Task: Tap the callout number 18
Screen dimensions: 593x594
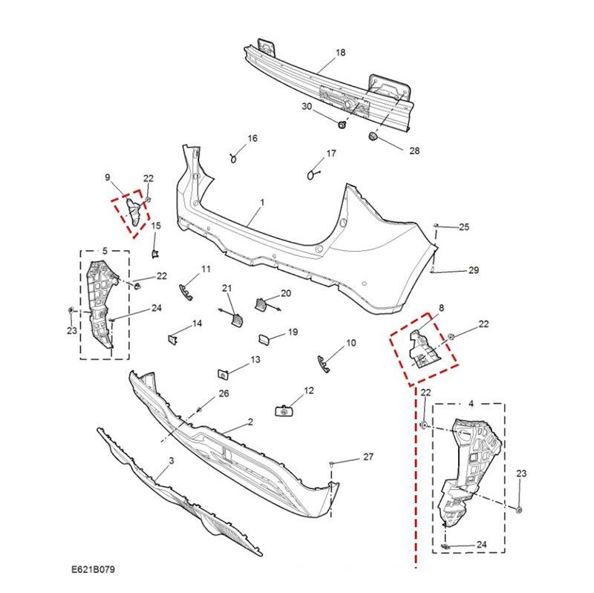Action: (341, 53)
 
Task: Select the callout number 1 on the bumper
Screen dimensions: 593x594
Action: (261, 202)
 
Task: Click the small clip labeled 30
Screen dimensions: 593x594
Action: (342, 125)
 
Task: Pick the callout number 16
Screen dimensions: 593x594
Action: (252, 139)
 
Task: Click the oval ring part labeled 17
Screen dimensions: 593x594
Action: (310, 174)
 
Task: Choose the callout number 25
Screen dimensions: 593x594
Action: (464, 226)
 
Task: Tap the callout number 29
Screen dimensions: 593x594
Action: (474, 271)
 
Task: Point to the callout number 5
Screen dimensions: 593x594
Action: (105, 251)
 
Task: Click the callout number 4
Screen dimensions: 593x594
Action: (470, 404)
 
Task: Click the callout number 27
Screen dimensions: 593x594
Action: (368, 458)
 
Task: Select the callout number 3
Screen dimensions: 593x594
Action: (172, 461)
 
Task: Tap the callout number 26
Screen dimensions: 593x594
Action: (223, 393)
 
